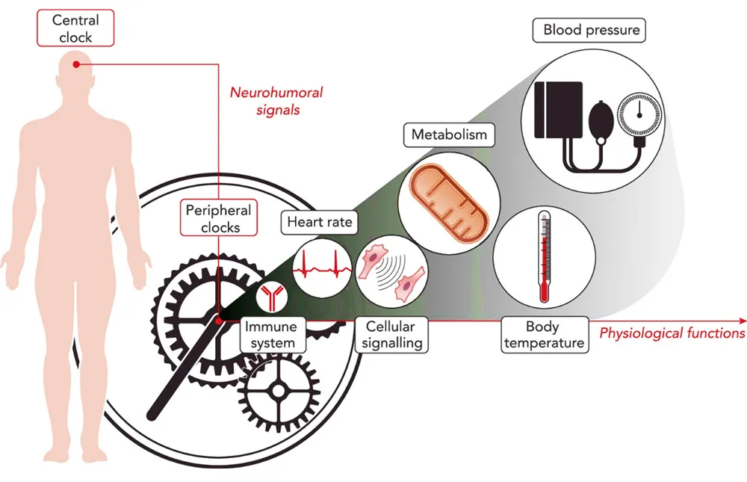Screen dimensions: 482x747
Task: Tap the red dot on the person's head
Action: [x=76, y=65]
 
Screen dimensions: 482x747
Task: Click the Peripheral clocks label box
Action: [x=219, y=218]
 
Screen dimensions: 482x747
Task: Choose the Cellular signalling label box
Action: [x=391, y=335]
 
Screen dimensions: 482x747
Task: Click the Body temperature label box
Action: [x=544, y=335]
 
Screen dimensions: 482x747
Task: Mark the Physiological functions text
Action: [x=672, y=333]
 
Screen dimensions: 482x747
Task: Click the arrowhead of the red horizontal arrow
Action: [x=741, y=320]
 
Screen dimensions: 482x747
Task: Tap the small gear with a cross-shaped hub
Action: [x=277, y=390]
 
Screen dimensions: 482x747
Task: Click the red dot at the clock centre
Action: [x=218, y=320]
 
